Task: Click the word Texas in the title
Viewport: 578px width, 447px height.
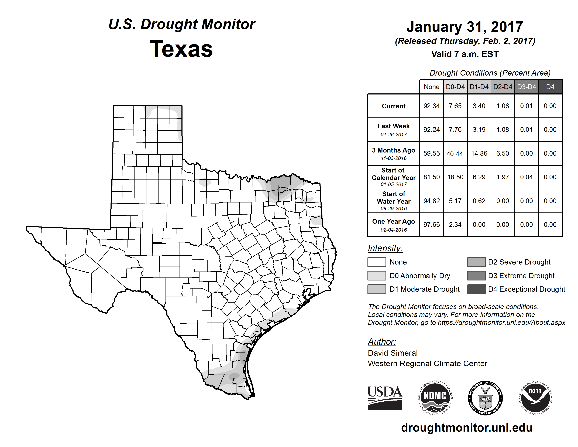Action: (181, 49)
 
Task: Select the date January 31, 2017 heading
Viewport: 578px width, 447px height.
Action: (465, 27)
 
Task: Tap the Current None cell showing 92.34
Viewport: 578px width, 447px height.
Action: (431, 106)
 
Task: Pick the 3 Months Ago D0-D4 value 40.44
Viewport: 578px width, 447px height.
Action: (455, 154)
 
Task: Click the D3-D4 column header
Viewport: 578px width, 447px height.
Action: (526, 87)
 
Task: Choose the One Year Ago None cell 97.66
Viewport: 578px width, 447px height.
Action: (431, 225)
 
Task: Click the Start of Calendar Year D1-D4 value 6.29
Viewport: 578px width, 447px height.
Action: (479, 177)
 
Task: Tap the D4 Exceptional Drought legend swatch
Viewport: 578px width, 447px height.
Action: (476, 289)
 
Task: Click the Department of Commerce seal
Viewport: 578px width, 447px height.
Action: (485, 398)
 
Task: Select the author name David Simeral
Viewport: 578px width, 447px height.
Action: (393, 353)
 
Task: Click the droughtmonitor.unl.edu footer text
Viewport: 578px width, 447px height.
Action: (467, 428)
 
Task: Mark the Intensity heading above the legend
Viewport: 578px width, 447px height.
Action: (385, 248)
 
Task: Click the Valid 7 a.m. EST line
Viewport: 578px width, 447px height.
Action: (465, 54)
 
